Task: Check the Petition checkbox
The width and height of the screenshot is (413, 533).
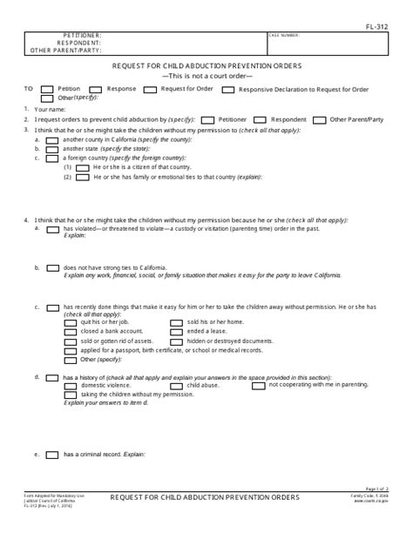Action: (x=48, y=89)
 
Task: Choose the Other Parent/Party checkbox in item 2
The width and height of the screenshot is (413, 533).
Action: (x=319, y=118)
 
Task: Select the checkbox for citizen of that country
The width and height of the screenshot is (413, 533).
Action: (x=82, y=166)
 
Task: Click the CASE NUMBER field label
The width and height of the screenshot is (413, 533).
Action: (x=284, y=36)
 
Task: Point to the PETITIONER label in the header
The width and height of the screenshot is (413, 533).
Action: (x=79, y=37)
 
